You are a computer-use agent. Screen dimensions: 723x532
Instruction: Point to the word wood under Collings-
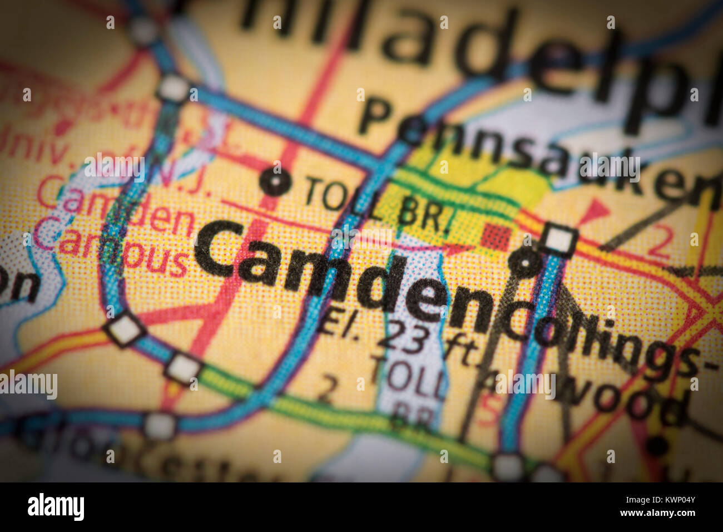[623, 398]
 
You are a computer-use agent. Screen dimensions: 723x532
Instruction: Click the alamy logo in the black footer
[56, 507]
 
